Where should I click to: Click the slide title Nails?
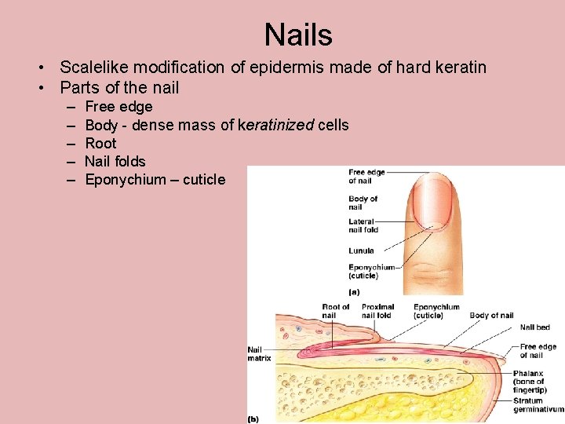tap(298, 35)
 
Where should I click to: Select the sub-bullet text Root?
tap(100, 143)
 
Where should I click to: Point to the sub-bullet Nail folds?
tap(115, 161)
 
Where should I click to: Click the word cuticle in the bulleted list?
tap(204, 180)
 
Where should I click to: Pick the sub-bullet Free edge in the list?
tap(118, 107)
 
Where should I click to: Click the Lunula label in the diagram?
tap(362, 251)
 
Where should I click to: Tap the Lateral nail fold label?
tap(363, 226)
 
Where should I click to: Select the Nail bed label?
tap(534, 327)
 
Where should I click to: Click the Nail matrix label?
tap(259, 354)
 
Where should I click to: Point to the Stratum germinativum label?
tap(538, 405)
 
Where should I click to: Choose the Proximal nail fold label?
tap(378, 311)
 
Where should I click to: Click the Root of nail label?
tap(336, 311)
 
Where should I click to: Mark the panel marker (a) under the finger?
tap(354, 291)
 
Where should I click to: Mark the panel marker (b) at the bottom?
tap(253, 419)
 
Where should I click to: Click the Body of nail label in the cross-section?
tap(491, 316)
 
